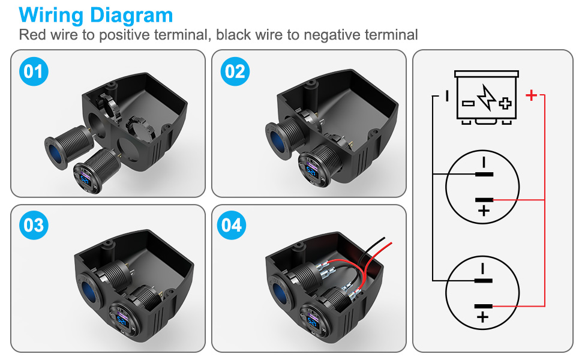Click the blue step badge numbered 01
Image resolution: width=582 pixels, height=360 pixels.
(34, 71)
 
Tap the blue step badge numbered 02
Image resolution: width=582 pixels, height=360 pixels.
(235, 71)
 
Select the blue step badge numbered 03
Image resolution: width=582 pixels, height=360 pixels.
(34, 225)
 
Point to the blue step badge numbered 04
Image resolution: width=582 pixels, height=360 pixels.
(232, 225)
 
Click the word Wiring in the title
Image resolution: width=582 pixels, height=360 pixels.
(51, 16)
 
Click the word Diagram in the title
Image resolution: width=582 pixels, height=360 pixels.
(131, 16)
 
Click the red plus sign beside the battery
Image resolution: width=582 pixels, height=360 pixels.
(532, 95)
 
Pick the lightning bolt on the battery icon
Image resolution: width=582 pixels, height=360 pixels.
(486, 97)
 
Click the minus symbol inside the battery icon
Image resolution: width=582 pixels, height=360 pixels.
(468, 103)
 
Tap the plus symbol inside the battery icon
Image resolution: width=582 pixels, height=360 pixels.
(505, 103)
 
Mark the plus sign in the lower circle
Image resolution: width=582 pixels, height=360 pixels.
(482, 317)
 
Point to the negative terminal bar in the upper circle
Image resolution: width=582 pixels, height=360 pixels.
(484, 174)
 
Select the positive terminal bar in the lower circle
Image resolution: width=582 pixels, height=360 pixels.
(483, 307)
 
